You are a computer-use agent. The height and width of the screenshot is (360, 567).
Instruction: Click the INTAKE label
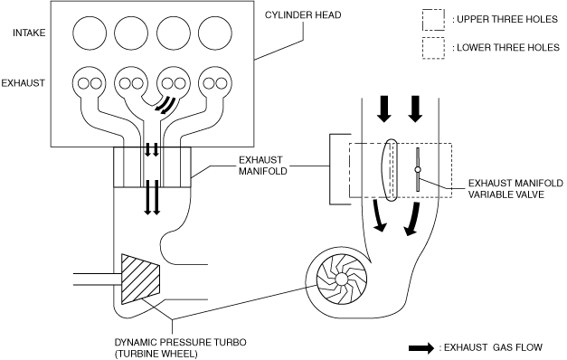[29, 33]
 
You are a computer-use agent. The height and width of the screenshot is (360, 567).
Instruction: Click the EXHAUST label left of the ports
[23, 83]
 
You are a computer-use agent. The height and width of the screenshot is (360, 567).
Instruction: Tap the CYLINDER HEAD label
[303, 14]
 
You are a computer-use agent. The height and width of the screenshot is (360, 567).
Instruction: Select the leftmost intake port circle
[90, 33]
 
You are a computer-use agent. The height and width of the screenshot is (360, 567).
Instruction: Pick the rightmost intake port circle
[215, 33]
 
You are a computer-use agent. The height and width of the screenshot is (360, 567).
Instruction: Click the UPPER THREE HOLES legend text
[506, 19]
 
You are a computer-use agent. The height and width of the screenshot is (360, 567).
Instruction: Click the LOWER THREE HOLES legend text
[506, 47]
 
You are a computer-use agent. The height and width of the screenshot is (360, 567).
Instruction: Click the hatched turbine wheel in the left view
[140, 279]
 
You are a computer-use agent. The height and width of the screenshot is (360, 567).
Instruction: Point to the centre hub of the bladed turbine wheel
[341, 279]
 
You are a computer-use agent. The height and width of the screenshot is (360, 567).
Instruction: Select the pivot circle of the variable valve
[418, 169]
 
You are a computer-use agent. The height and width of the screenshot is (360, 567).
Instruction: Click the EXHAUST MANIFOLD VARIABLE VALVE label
[515, 188]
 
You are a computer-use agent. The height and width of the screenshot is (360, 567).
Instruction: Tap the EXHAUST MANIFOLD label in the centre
[262, 166]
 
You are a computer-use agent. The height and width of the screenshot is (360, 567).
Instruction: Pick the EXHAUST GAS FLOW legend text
[491, 347]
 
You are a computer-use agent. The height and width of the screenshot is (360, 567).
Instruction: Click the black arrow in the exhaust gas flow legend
[421, 348]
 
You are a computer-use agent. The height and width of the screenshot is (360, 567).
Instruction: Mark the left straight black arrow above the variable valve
[383, 109]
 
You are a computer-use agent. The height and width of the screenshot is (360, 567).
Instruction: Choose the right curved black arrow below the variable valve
[412, 219]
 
